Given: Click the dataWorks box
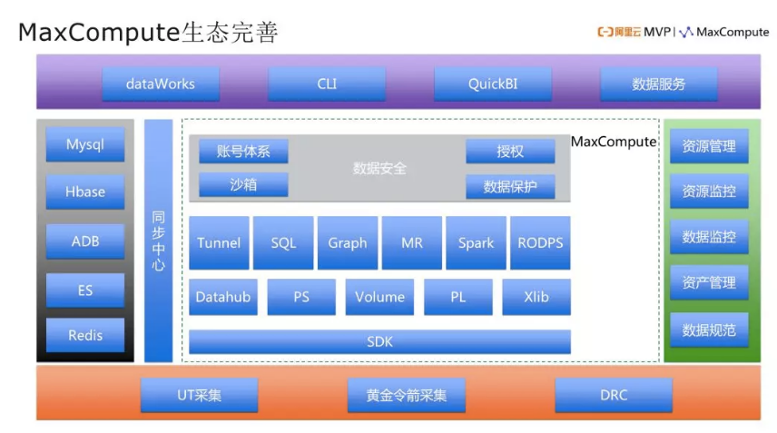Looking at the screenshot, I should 161,84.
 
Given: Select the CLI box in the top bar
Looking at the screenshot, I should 327,84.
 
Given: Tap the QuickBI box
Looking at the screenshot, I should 493,84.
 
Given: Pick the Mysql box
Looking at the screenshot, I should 85,145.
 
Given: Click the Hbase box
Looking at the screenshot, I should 85,192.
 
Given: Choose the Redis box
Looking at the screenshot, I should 85,335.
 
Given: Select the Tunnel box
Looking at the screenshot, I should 219,243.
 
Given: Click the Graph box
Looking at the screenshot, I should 348,243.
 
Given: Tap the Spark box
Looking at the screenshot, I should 476,243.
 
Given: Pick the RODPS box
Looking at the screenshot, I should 540,243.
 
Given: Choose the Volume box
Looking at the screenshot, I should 379,297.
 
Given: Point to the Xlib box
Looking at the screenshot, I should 536,297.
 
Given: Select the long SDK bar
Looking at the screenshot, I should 379,342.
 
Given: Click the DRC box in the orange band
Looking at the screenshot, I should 614,395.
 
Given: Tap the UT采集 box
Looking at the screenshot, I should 200,395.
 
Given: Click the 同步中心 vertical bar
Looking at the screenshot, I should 159,241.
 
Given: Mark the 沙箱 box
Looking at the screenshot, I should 243,185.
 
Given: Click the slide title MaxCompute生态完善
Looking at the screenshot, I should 148,33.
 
